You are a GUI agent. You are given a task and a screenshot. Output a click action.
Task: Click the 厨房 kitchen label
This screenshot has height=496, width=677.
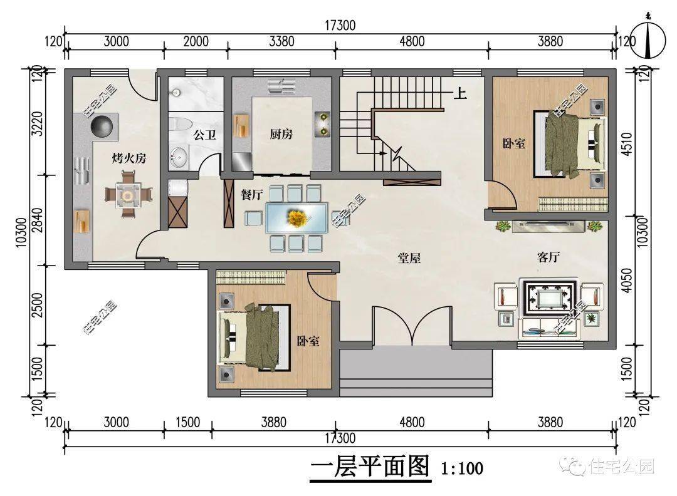coord(281,134)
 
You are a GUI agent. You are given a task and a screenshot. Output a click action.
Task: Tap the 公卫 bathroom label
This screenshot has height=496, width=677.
coord(204,134)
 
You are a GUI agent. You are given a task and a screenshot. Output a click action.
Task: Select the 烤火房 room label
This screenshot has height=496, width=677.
coord(129,158)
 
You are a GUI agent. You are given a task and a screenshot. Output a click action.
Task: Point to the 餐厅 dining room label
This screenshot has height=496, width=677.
coord(251,194)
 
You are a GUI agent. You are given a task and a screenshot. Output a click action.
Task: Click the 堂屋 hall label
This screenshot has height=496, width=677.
coord(409,257)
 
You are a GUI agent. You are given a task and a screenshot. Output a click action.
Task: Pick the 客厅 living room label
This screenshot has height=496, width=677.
coord(548,257)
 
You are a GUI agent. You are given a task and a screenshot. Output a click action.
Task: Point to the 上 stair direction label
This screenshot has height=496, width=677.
coord(460,95)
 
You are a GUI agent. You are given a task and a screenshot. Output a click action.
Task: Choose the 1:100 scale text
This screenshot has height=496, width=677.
coord(462,468)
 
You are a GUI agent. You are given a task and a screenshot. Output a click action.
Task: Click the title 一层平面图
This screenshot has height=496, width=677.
coord(370,467)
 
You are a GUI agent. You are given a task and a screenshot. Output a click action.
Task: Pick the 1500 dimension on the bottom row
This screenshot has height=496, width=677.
coord(187,423)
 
